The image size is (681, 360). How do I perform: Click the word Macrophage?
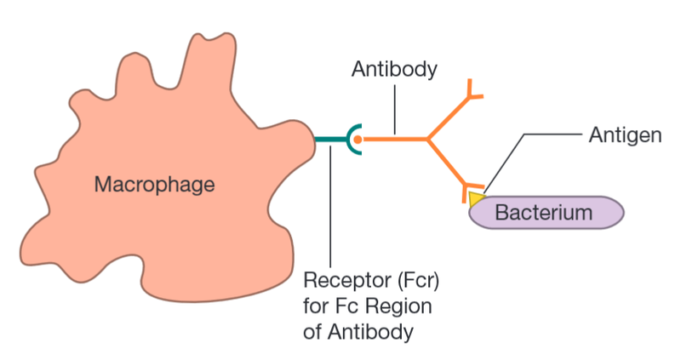(154, 184)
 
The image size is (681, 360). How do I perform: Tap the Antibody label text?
(394, 70)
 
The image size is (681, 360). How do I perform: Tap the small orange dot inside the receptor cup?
(358, 139)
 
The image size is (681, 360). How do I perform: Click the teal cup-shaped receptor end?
(352, 139)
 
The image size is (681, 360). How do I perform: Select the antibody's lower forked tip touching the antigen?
(468, 189)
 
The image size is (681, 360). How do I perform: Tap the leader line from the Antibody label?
(394, 111)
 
